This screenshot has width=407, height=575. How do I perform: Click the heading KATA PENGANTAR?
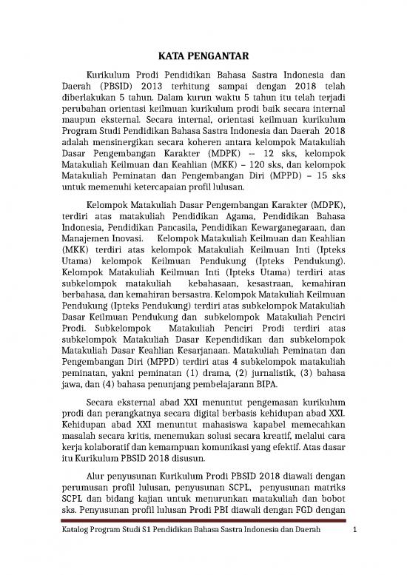click(203, 56)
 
